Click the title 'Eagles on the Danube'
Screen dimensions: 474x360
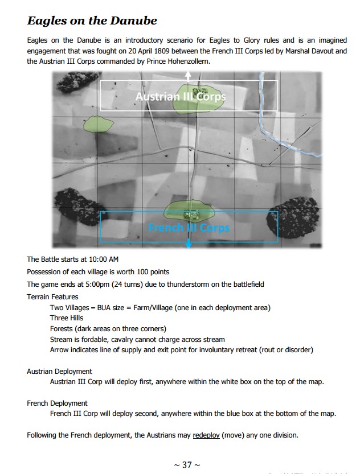[x=92, y=22]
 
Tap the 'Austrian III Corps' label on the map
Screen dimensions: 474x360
[x=180, y=97]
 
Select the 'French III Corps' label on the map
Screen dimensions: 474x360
[x=189, y=228]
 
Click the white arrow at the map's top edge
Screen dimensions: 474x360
[x=189, y=76]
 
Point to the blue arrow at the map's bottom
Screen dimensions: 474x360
[x=189, y=244]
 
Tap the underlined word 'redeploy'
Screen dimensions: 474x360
[x=206, y=435]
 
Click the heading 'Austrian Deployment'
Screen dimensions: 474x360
[x=59, y=371]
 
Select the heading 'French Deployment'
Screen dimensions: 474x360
[x=57, y=403]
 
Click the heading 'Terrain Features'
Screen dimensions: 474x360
[x=52, y=296]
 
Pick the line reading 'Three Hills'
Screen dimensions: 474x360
[x=67, y=318]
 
